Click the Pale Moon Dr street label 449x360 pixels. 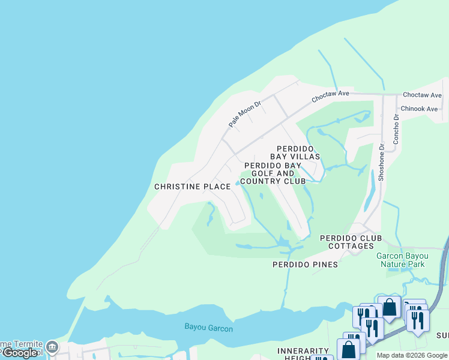click(x=245, y=113)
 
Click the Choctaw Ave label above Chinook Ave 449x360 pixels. click(x=422, y=95)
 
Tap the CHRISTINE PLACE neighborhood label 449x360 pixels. click(x=192, y=187)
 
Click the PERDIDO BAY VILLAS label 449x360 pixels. click(x=298, y=152)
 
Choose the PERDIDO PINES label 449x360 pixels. click(x=305, y=264)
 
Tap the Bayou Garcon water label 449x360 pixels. click(x=208, y=328)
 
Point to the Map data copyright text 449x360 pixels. click(x=412, y=355)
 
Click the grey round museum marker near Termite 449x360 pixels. click(x=52, y=347)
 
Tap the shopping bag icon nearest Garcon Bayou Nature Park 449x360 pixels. click(x=390, y=307)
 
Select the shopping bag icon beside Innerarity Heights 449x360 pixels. click(x=349, y=350)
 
